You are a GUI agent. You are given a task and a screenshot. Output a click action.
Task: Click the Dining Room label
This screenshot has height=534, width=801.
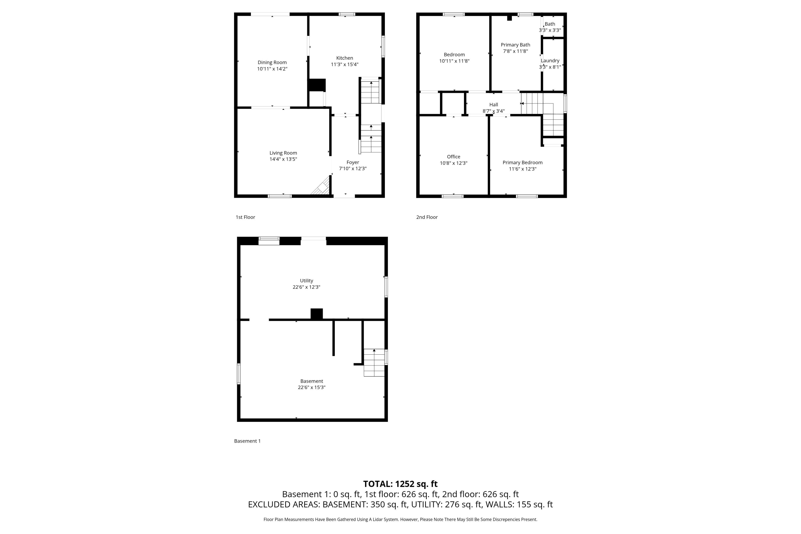coord(272,62)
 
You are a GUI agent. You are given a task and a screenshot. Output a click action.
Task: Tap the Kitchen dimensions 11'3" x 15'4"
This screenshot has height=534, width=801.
coord(345,64)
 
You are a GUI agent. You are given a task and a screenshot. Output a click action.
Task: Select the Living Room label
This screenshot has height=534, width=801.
coord(283,153)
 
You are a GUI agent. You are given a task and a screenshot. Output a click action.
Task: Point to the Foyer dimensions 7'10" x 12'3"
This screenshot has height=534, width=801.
coord(353,169)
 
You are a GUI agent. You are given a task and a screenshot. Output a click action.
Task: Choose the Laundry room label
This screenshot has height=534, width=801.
coord(550,61)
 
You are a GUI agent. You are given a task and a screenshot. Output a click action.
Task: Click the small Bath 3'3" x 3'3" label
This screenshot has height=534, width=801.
coord(550,27)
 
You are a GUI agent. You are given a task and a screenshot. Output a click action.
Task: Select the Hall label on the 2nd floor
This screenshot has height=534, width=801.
coord(494,105)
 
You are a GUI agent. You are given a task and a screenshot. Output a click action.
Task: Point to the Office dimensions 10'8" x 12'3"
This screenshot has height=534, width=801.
coord(454,163)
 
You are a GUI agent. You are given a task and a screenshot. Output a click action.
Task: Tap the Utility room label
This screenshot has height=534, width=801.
coord(306,281)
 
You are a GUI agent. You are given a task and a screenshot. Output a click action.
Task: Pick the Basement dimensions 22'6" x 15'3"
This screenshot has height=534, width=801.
coord(312,387)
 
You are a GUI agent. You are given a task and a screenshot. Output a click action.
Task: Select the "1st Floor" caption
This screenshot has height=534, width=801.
coord(246,217)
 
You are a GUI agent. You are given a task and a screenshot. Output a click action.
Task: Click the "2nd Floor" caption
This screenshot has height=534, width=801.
coord(427,217)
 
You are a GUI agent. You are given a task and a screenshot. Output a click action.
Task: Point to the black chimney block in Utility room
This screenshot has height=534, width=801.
coord(317,314)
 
